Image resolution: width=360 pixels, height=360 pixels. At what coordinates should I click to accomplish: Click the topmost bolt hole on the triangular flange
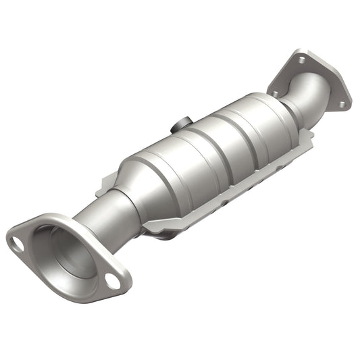click(x=299, y=59)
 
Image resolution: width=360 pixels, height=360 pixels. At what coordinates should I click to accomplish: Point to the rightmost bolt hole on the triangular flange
click(x=341, y=104)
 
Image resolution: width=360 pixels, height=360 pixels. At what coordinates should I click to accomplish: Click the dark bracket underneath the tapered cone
click(x=162, y=233)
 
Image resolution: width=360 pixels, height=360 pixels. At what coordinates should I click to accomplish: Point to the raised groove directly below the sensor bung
click(x=193, y=145)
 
